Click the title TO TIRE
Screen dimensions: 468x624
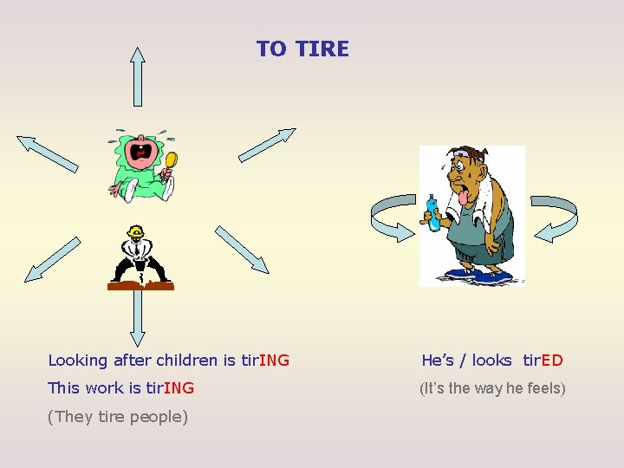(x=302, y=49)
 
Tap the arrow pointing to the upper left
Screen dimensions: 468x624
(x=48, y=153)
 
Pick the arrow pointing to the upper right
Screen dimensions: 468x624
(x=267, y=145)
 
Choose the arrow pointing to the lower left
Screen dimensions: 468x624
(x=51, y=260)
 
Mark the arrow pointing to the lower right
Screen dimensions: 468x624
(x=242, y=250)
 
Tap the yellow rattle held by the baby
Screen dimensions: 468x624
(x=171, y=160)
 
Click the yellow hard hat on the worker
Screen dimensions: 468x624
(x=135, y=232)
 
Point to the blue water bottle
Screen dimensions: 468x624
(x=432, y=212)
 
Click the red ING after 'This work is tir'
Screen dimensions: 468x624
(x=179, y=388)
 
